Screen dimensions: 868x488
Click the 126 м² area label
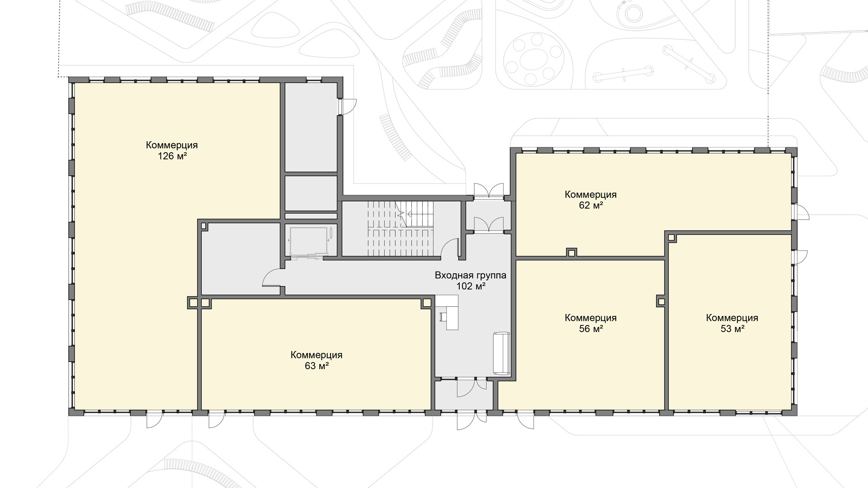pos(172,156)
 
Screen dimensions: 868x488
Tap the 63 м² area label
pos(316,366)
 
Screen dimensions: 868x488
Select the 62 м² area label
pos(590,205)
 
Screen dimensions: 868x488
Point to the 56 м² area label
pos(590,328)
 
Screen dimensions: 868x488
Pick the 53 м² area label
pos(732,328)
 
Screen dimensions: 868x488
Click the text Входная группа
pos(471,275)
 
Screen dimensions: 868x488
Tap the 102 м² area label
pos(471,286)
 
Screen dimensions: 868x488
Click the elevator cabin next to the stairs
pos(309,242)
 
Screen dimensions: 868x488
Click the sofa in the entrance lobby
pos(502,353)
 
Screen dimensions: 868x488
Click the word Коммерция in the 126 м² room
pos(172,145)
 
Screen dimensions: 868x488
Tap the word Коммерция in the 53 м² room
pos(732,318)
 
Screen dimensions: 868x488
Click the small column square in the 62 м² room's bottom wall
pos(572,252)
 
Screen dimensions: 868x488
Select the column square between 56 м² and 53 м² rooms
pos(661,300)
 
